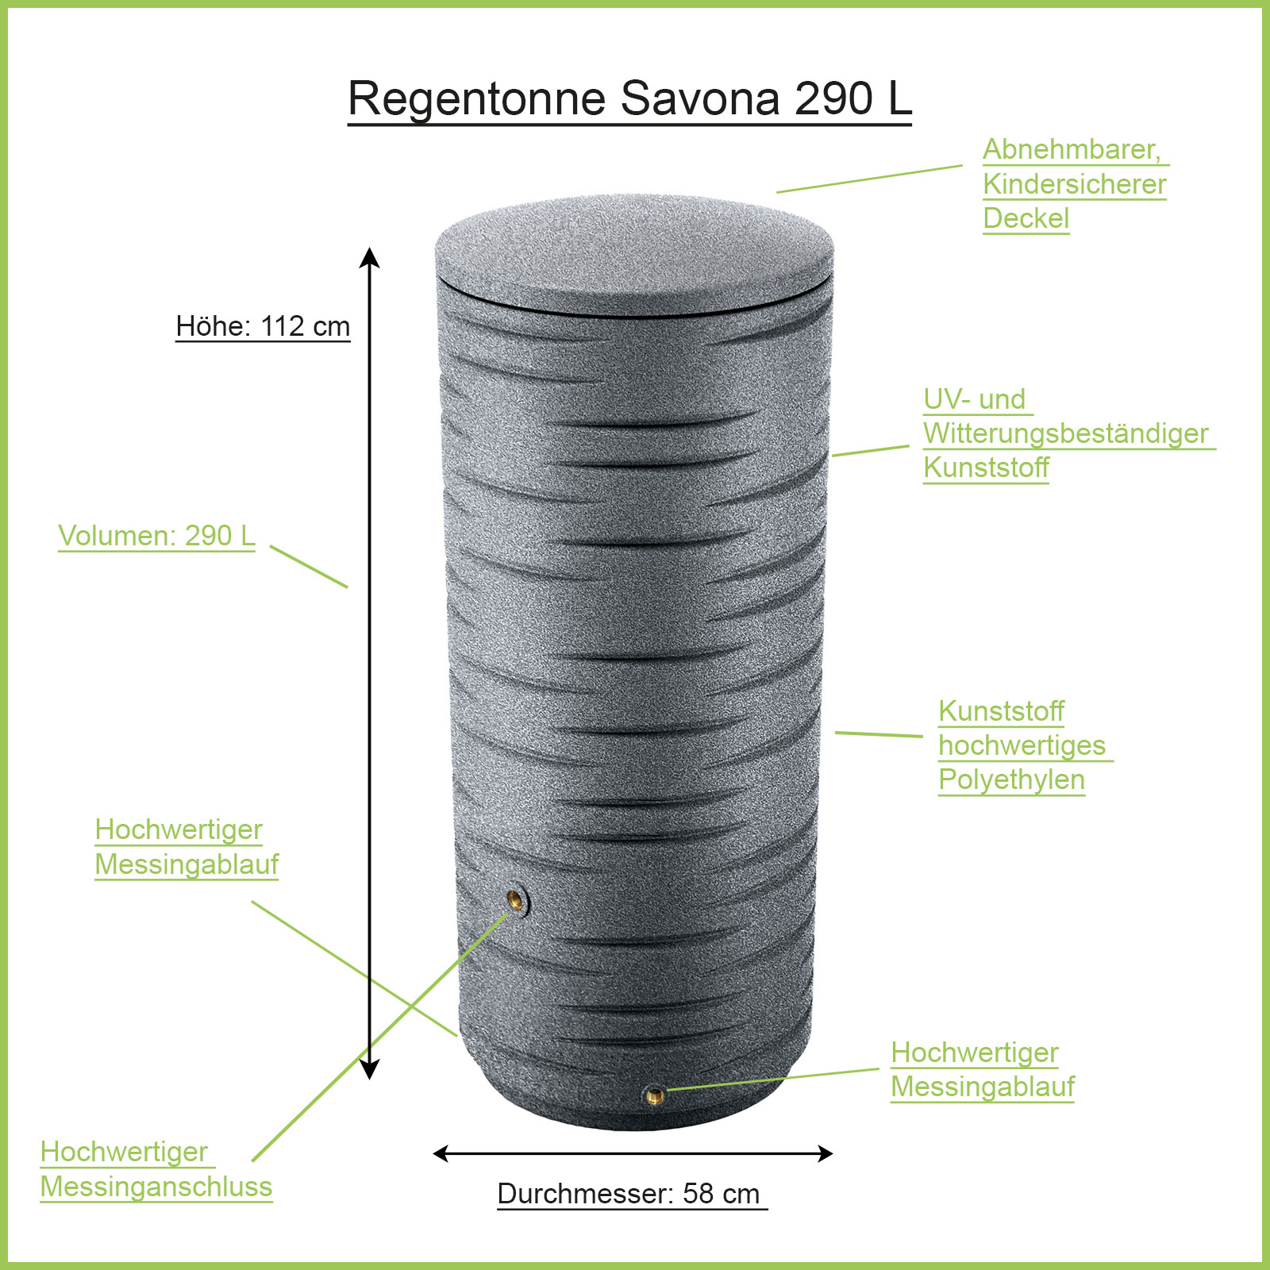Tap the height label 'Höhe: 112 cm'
pyautogui.click(x=263, y=326)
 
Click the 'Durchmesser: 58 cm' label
pyautogui.click(x=629, y=1194)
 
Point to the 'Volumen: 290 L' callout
pyautogui.click(x=156, y=536)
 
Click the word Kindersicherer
pyautogui.click(x=1075, y=184)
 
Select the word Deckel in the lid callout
pyautogui.click(x=1026, y=218)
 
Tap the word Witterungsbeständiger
pyautogui.click(x=1066, y=433)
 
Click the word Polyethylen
pyautogui.click(x=1011, y=780)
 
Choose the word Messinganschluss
pyautogui.click(x=156, y=1187)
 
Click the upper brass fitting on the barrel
pyautogui.click(x=516, y=900)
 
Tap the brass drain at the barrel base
pyautogui.click(x=655, y=1096)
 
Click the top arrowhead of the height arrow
pyautogui.click(x=369, y=257)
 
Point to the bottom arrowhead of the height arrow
pyautogui.click(x=369, y=1068)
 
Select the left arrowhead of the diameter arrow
pyautogui.click(x=441, y=1153)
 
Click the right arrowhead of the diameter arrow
pyautogui.click(x=825, y=1153)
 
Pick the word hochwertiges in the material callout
pyautogui.click(x=1022, y=746)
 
